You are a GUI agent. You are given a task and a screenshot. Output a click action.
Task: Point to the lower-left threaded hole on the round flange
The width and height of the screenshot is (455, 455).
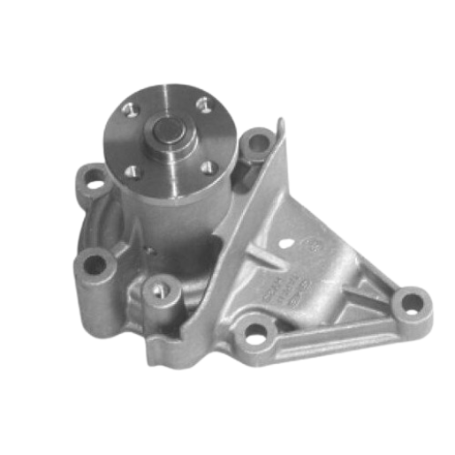(x=133, y=171)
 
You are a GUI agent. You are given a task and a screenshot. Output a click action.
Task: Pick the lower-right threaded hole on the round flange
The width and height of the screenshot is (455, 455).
(x=209, y=163)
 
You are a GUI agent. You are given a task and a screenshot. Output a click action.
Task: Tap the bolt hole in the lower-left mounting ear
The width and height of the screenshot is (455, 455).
(x=93, y=263)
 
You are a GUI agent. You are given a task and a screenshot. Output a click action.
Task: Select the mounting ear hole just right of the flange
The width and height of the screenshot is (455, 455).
(x=258, y=141)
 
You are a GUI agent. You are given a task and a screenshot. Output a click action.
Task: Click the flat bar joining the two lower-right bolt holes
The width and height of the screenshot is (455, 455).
(x=336, y=327)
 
